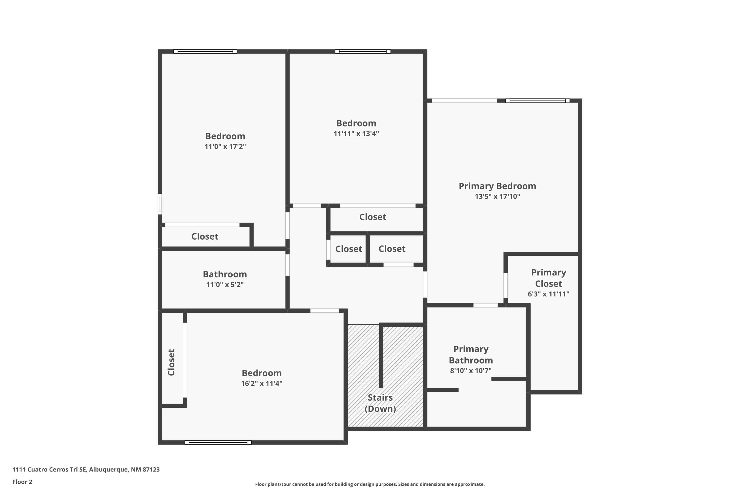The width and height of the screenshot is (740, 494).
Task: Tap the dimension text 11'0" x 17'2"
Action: click(x=225, y=146)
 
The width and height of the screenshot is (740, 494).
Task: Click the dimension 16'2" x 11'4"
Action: click(x=261, y=383)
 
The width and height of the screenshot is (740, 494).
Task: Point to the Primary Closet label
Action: click(x=548, y=278)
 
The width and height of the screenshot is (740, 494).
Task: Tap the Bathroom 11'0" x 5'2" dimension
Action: click(x=225, y=285)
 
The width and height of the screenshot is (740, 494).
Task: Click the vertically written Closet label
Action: click(x=171, y=362)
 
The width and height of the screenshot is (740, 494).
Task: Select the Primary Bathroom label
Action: click(x=471, y=354)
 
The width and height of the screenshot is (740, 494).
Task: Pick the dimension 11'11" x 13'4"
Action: click(x=356, y=134)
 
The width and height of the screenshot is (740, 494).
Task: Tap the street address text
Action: click(x=86, y=470)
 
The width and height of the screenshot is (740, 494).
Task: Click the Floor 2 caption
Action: click(x=22, y=482)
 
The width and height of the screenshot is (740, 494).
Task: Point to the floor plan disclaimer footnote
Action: click(x=370, y=484)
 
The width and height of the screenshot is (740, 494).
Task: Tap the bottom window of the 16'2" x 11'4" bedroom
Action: click(x=218, y=442)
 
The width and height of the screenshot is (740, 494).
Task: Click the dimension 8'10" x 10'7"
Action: click(x=471, y=371)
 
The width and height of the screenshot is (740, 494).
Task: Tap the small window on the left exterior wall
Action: click(x=160, y=204)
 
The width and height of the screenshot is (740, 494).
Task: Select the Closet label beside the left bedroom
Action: click(x=205, y=237)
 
